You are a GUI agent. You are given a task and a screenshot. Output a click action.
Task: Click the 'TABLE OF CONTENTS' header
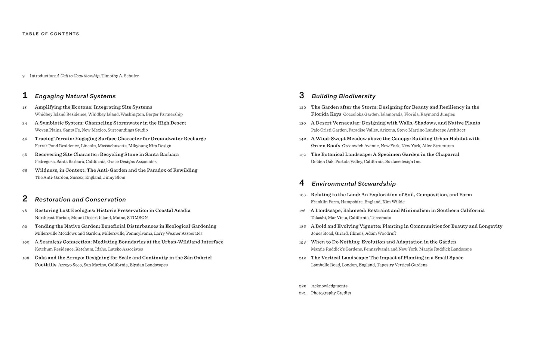point(51,34)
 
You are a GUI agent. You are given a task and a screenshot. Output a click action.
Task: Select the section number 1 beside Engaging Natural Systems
point(25,96)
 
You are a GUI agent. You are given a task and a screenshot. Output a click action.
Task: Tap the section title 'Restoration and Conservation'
point(80,200)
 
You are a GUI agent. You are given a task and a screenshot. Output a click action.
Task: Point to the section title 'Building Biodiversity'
point(343,96)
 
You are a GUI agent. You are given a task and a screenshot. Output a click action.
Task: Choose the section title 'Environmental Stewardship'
point(354,184)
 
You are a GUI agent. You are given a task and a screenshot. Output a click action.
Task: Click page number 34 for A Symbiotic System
point(25,123)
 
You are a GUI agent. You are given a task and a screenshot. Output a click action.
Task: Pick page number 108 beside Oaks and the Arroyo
point(25,258)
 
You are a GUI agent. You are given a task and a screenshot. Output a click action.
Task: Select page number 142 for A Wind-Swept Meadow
point(302,139)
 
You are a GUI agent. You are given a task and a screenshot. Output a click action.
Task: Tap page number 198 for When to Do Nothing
point(302,242)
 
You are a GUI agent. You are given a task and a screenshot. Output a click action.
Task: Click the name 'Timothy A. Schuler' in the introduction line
point(120,76)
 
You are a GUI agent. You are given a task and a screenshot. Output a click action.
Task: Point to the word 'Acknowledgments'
point(329,286)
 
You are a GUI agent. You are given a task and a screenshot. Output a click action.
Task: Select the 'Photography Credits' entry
point(331,293)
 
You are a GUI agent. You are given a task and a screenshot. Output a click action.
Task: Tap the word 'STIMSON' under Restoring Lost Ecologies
point(137,218)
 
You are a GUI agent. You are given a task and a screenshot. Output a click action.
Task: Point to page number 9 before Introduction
point(24,76)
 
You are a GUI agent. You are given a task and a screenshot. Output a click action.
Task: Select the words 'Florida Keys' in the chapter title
point(326,114)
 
